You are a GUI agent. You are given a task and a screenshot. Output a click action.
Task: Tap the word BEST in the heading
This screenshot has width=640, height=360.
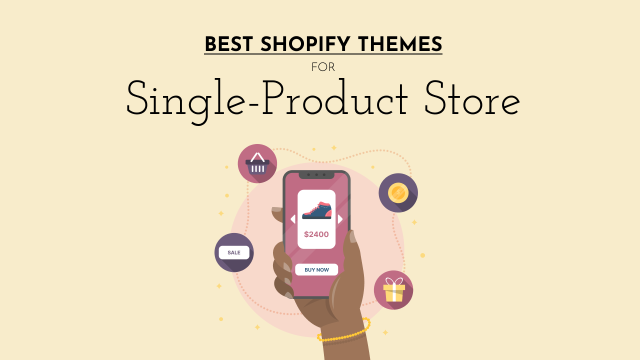click(229, 44)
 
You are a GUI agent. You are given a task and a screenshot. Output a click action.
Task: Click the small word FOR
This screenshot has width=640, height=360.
click(323, 67)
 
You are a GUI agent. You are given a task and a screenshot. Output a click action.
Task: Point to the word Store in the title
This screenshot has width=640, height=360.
click(472, 98)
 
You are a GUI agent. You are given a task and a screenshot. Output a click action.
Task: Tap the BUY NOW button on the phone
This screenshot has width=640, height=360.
click(316, 269)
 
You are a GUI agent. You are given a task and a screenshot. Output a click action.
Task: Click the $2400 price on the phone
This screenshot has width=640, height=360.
click(316, 234)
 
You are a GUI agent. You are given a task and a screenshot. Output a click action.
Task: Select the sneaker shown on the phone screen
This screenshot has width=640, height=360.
click(317, 210)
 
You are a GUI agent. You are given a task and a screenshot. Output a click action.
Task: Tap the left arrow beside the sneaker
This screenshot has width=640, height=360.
click(293, 219)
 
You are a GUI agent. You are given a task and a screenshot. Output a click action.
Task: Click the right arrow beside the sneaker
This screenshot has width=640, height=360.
click(340, 219)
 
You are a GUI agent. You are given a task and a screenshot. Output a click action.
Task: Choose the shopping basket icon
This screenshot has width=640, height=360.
click(257, 163)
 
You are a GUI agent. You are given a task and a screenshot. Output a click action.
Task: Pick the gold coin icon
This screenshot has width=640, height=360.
click(398, 192)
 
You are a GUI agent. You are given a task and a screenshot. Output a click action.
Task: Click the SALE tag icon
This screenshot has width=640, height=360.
click(234, 252)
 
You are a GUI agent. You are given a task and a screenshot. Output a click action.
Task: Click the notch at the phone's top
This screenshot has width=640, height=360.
click(316, 175)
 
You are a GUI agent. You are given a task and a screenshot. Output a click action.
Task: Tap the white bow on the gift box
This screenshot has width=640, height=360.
click(394, 281)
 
